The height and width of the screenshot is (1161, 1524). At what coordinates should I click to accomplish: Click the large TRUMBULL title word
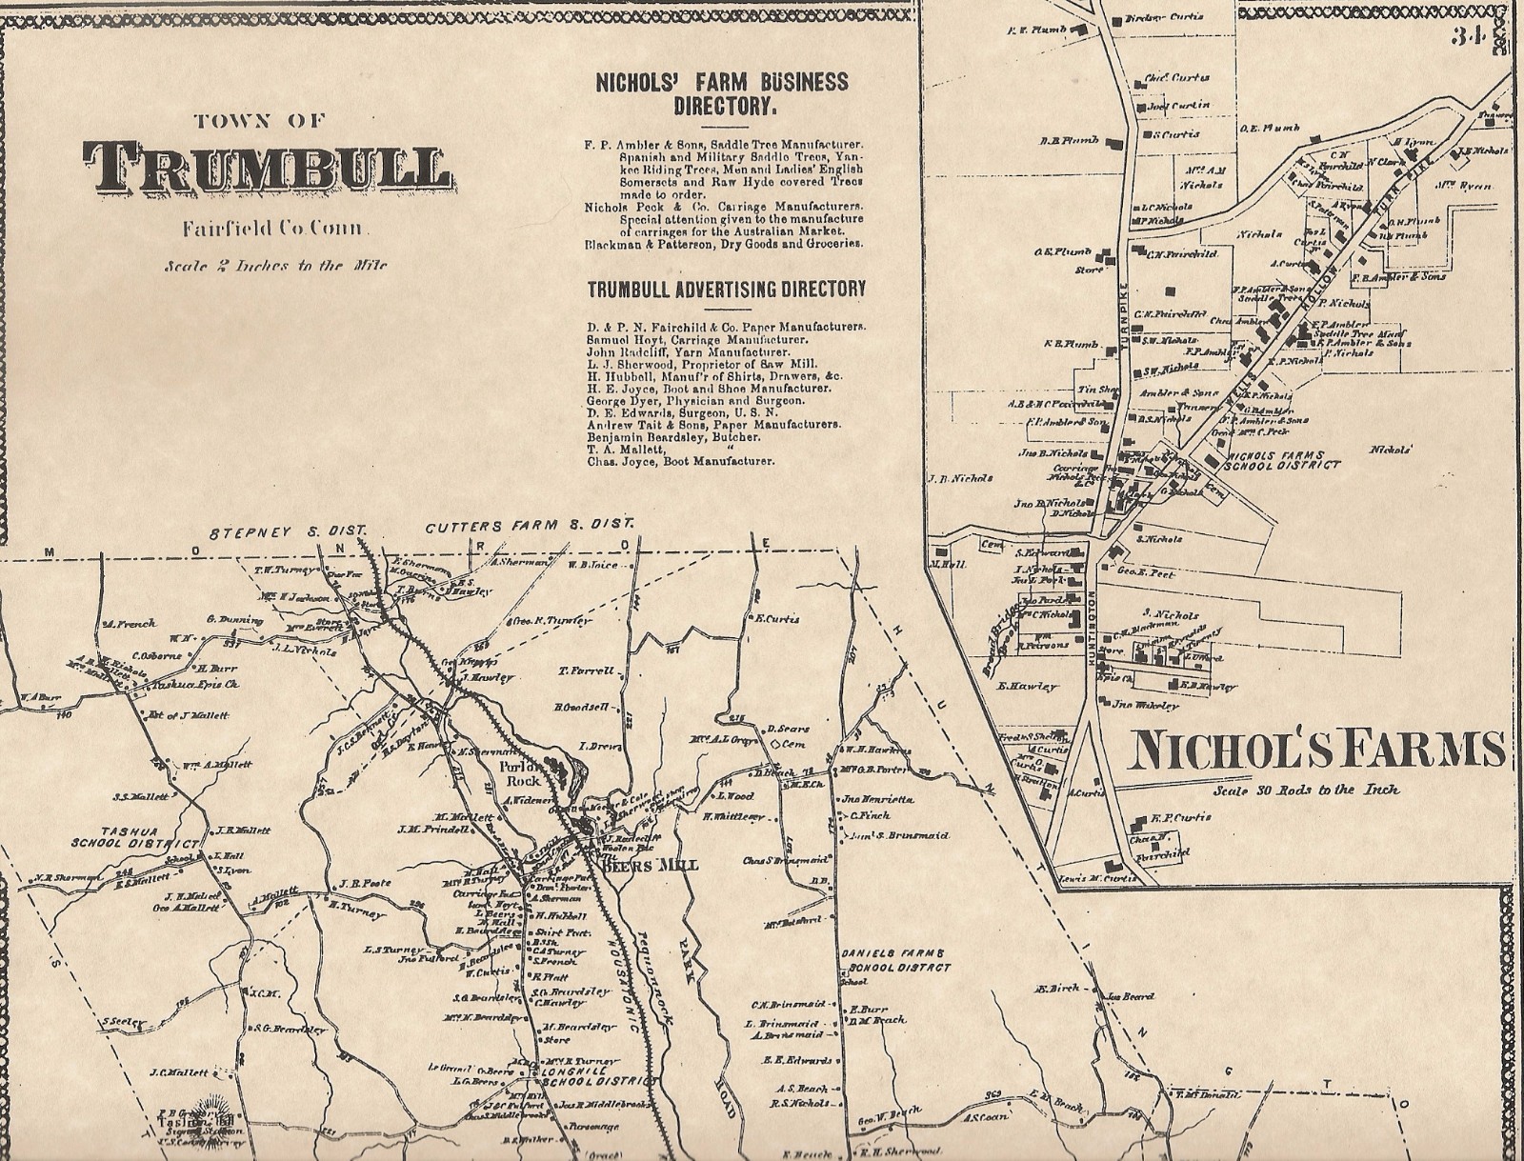click(267, 169)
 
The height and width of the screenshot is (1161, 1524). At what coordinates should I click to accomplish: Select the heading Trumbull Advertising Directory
click(726, 289)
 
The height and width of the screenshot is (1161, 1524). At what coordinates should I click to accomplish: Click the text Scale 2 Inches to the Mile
click(275, 266)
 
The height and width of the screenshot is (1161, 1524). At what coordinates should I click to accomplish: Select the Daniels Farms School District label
click(894, 960)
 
